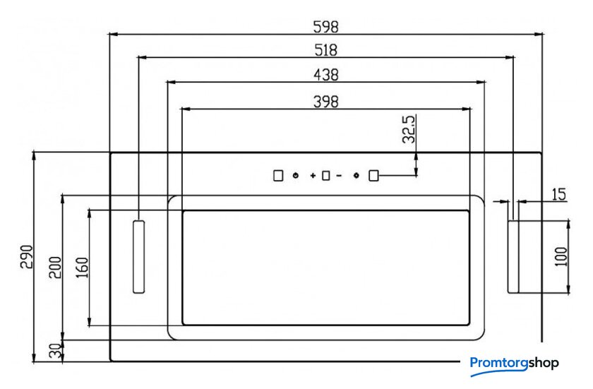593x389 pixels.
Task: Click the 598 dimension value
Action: [325, 27]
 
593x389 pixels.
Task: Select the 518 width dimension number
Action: [325, 50]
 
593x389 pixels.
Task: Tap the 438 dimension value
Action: [326, 75]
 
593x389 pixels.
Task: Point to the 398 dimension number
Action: [326, 102]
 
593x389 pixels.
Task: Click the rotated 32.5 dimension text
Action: [409, 129]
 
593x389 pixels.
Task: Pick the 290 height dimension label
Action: [27, 257]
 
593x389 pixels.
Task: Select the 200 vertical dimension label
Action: [55, 268]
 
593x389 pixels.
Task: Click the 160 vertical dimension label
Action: [83, 268]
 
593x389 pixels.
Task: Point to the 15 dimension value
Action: [558, 194]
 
